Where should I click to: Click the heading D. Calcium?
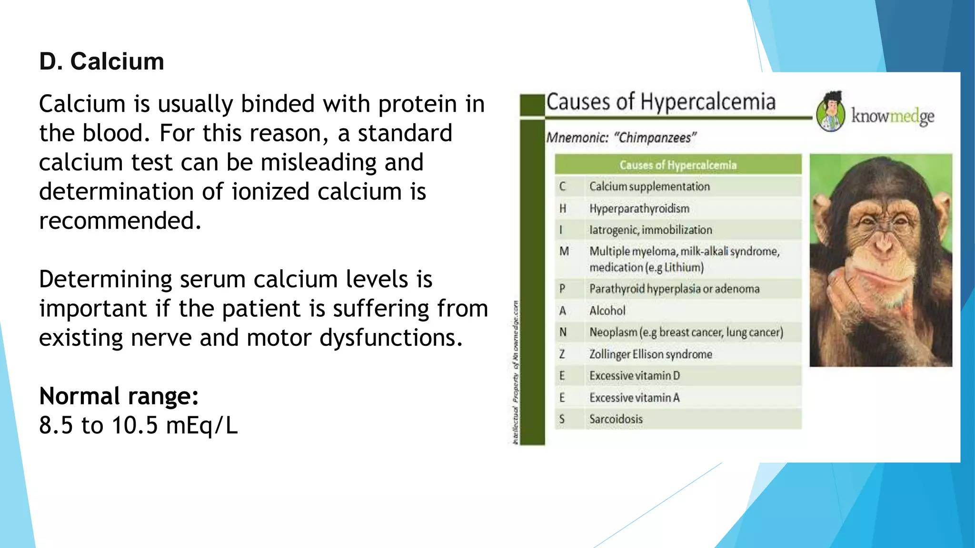pyautogui.click(x=101, y=62)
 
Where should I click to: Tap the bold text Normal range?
pyautogui.click(x=119, y=396)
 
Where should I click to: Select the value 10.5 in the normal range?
pyautogui.click(x=135, y=425)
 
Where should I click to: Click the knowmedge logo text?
pyautogui.click(x=893, y=116)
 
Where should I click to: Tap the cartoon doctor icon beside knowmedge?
pyautogui.click(x=831, y=112)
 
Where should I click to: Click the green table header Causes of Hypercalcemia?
pyautogui.click(x=678, y=165)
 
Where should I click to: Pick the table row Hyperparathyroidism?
pyautogui.click(x=639, y=208)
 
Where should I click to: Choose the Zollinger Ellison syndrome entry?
pyautogui.click(x=650, y=354)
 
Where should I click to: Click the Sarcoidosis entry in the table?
pyautogui.click(x=616, y=419)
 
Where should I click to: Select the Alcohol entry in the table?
pyautogui.click(x=607, y=311)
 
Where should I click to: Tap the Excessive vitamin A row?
pyautogui.click(x=634, y=398)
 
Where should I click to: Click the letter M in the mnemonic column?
pyautogui.click(x=564, y=251)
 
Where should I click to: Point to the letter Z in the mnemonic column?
pyautogui.click(x=562, y=354)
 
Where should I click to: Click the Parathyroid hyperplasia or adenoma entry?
pyautogui.click(x=674, y=289)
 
